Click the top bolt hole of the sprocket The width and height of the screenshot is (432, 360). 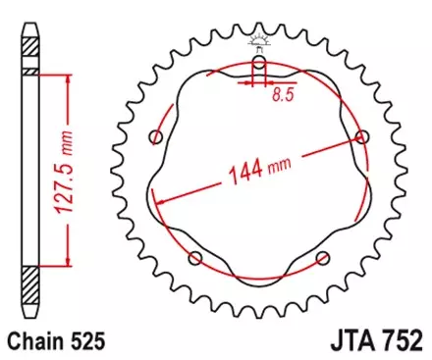point(258,64)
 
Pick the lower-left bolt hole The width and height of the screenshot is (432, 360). point(195,258)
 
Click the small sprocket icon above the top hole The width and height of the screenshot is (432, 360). point(258,40)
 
